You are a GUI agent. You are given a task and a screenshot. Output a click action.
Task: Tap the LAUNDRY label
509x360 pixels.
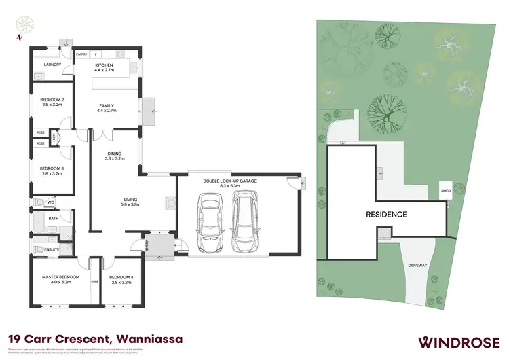[x=52, y=65]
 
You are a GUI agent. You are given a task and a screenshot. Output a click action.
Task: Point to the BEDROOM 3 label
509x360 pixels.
[x=51, y=168]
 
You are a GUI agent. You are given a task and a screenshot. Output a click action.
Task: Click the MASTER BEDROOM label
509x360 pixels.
[x=61, y=277]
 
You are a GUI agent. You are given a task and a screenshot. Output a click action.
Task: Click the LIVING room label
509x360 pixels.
[x=130, y=200]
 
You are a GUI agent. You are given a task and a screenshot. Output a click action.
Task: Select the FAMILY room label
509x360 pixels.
[x=107, y=105]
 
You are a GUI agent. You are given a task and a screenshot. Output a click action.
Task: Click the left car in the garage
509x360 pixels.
[x=210, y=221]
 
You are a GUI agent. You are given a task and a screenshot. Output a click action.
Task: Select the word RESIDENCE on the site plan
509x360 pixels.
[x=388, y=215]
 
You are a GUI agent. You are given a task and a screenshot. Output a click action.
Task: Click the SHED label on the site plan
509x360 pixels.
[x=445, y=192]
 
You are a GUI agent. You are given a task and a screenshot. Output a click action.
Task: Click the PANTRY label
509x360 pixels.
[x=82, y=54]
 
